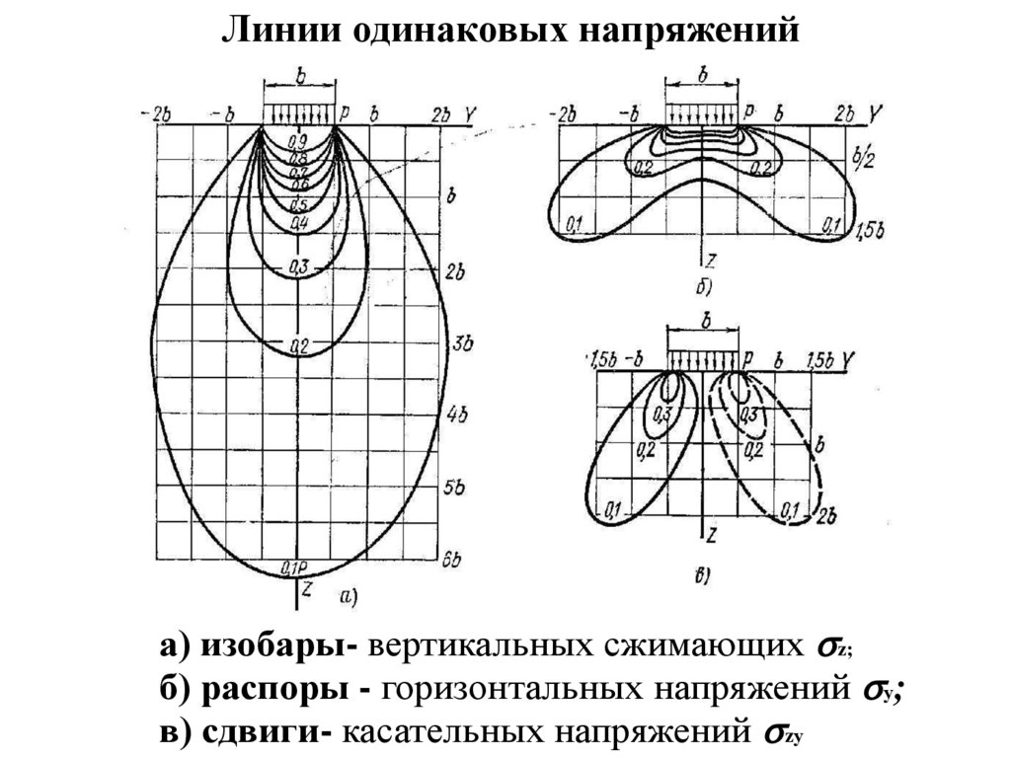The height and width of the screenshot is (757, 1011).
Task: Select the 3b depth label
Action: (459, 343)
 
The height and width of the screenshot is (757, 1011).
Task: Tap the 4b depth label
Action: (456, 415)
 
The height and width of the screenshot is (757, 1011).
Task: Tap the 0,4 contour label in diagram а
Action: (300, 224)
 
